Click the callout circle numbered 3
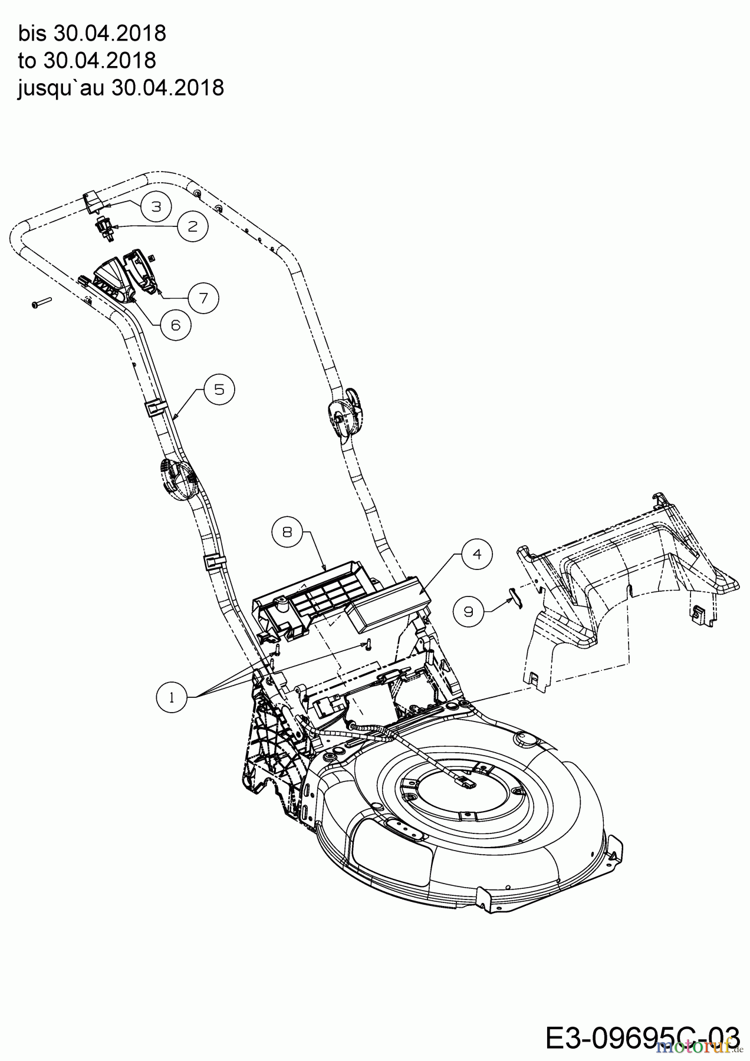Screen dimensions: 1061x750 [x=156, y=206]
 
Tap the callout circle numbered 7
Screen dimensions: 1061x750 [x=204, y=298]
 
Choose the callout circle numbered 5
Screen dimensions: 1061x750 [x=219, y=390]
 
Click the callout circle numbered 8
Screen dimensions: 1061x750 [x=287, y=532]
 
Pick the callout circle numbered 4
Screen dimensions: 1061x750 [x=478, y=554]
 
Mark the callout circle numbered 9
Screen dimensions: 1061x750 [x=469, y=612]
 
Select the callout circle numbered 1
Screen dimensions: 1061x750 [x=172, y=698]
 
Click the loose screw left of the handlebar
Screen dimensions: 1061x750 [x=41, y=303]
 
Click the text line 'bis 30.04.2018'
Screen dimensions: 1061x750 [x=92, y=34]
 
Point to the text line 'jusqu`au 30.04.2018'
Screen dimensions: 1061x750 [x=121, y=88]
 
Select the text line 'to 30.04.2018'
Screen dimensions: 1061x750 [x=87, y=60]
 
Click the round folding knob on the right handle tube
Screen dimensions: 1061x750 [x=345, y=417]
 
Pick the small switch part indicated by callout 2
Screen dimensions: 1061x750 [x=102, y=228]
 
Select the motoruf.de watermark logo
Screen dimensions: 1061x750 [x=699, y=1047]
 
